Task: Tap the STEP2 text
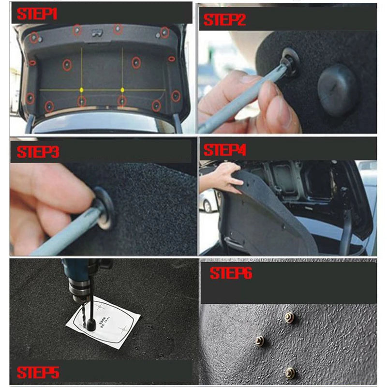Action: pos(224,20)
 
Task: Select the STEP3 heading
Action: pos(38,151)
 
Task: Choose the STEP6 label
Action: pos(231,273)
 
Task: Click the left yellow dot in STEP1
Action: pos(81,89)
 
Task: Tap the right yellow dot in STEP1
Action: pos(122,89)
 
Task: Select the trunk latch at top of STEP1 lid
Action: pos(96,33)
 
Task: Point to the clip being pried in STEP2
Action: pos(288,63)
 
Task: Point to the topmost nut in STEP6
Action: pos(289,317)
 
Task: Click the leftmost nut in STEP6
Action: pos(260,341)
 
